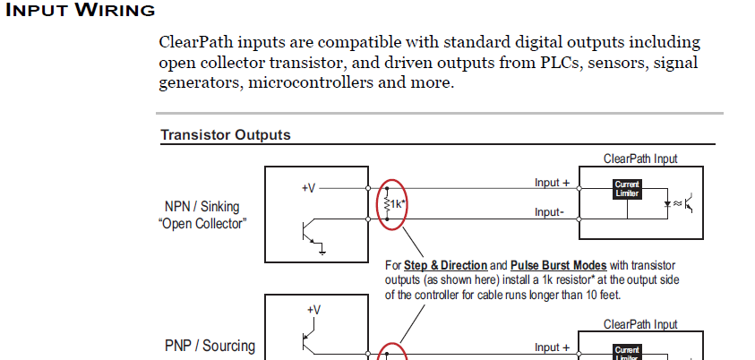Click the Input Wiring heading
point(80,11)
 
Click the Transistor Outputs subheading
point(225,135)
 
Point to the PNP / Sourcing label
point(210,346)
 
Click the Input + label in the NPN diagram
point(553,183)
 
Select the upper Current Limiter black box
point(626,189)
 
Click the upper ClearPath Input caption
point(640,159)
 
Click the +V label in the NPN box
point(308,188)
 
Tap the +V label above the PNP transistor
point(313,309)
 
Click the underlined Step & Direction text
point(445,266)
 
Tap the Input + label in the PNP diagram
point(553,347)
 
